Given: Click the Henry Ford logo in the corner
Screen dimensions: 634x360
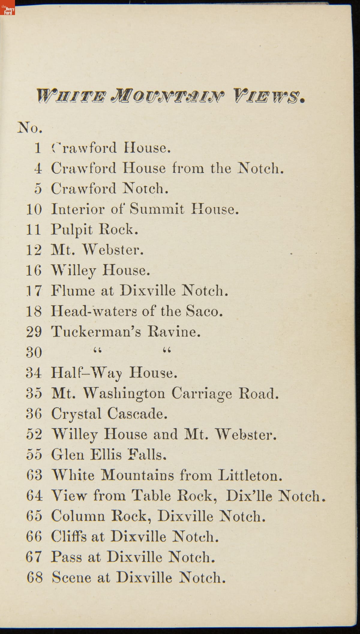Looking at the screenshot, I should tap(7, 8).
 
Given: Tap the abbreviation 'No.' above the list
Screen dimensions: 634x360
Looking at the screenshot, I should tap(30, 128).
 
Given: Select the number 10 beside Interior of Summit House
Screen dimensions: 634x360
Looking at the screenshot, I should tap(34, 209).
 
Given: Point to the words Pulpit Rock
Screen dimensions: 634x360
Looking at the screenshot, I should tap(94, 230).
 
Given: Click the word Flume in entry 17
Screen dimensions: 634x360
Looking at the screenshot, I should tap(73, 290).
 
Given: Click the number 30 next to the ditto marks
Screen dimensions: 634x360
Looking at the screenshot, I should tap(34, 352).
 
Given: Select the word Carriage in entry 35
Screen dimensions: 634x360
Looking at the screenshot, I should tap(202, 394).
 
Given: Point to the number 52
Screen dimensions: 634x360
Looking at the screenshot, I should tap(34, 435).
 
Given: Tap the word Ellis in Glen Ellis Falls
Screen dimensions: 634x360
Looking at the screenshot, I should tap(106, 455).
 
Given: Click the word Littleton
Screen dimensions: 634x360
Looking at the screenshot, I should tap(250, 475).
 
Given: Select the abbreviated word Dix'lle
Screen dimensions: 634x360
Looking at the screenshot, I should tap(249, 496).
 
